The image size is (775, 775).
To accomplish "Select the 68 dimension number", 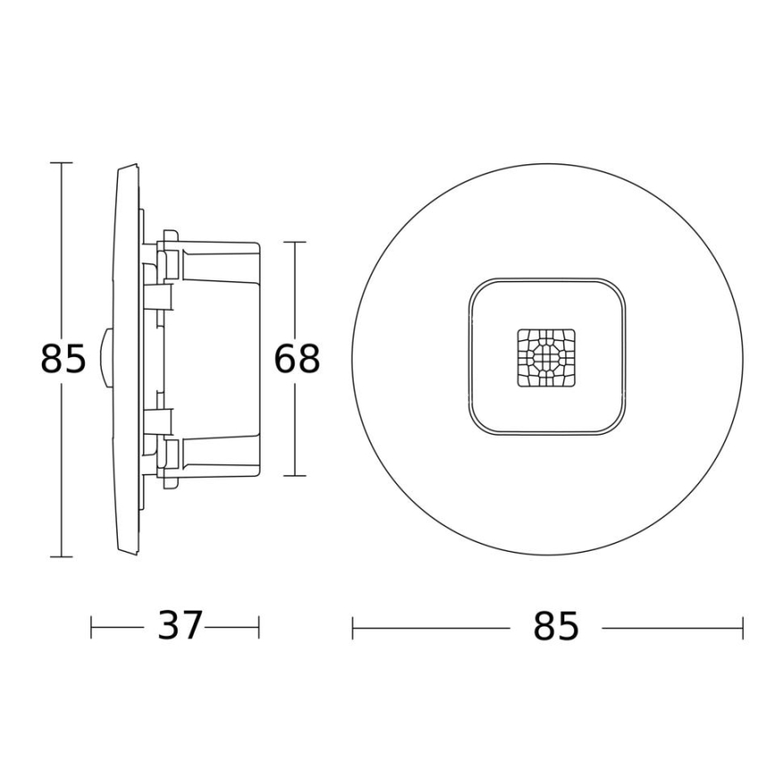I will [296, 359].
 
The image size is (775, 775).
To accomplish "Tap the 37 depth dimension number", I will [180, 627].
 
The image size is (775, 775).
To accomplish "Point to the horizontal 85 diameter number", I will [556, 628].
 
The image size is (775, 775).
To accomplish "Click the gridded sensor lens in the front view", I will [546, 358].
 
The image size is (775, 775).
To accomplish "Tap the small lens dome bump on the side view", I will [105, 359].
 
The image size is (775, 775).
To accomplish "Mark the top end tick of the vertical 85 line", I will [61, 163].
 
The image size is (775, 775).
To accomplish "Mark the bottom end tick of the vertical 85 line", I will [61, 556].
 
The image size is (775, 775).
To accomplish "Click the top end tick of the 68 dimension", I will [295, 242].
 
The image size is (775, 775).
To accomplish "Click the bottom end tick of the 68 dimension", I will [295, 476].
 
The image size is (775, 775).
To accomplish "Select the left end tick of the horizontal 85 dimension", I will [353, 628].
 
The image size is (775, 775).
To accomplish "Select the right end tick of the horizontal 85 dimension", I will [742, 628].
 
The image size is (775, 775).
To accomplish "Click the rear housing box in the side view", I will [219, 359].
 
